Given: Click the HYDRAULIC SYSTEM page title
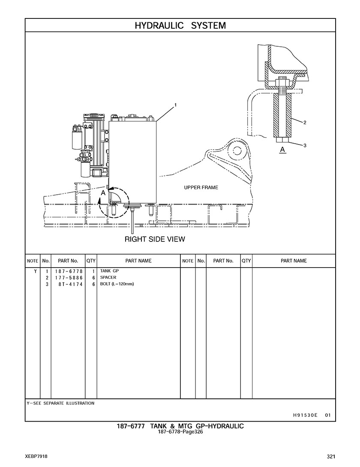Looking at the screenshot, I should point(180,26).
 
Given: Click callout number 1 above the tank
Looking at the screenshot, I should point(175,105).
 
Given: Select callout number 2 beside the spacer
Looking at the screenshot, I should point(305,123).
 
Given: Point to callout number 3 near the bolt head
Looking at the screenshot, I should point(305,145).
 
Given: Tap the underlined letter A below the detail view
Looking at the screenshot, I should point(282,150).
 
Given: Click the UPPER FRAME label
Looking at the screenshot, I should point(201,187).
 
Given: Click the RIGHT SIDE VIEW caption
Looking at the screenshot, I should point(155,239).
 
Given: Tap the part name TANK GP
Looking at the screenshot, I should point(109,271).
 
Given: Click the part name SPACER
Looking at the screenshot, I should point(108,277).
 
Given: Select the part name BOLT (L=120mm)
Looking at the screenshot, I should point(117,284).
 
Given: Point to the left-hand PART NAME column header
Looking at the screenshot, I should point(138,261).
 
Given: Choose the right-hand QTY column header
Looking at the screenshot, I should point(246,261).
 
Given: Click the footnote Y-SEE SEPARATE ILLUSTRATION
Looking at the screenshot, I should point(60,403).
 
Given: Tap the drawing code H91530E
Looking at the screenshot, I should point(305,415).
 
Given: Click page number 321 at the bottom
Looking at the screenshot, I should point(330,456).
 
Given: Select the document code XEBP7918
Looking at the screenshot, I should point(36,456).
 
